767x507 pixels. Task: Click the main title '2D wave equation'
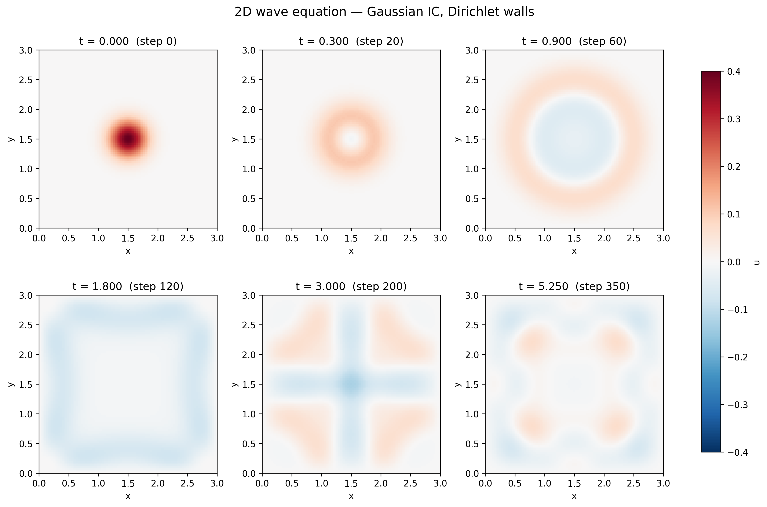290,12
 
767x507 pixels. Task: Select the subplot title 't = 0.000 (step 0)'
128,41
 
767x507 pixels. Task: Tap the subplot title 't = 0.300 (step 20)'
351,41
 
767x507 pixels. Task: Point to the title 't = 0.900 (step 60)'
574,41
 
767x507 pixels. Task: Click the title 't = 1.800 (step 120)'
128,286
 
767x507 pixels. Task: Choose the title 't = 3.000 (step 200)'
351,286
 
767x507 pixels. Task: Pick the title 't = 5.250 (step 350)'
574,286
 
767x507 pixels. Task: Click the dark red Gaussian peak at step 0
128,139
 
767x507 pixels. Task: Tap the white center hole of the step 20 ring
351,139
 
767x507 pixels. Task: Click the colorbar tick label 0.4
734,71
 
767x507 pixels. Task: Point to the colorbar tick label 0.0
734,262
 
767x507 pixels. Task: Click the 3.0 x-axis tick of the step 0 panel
217,239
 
